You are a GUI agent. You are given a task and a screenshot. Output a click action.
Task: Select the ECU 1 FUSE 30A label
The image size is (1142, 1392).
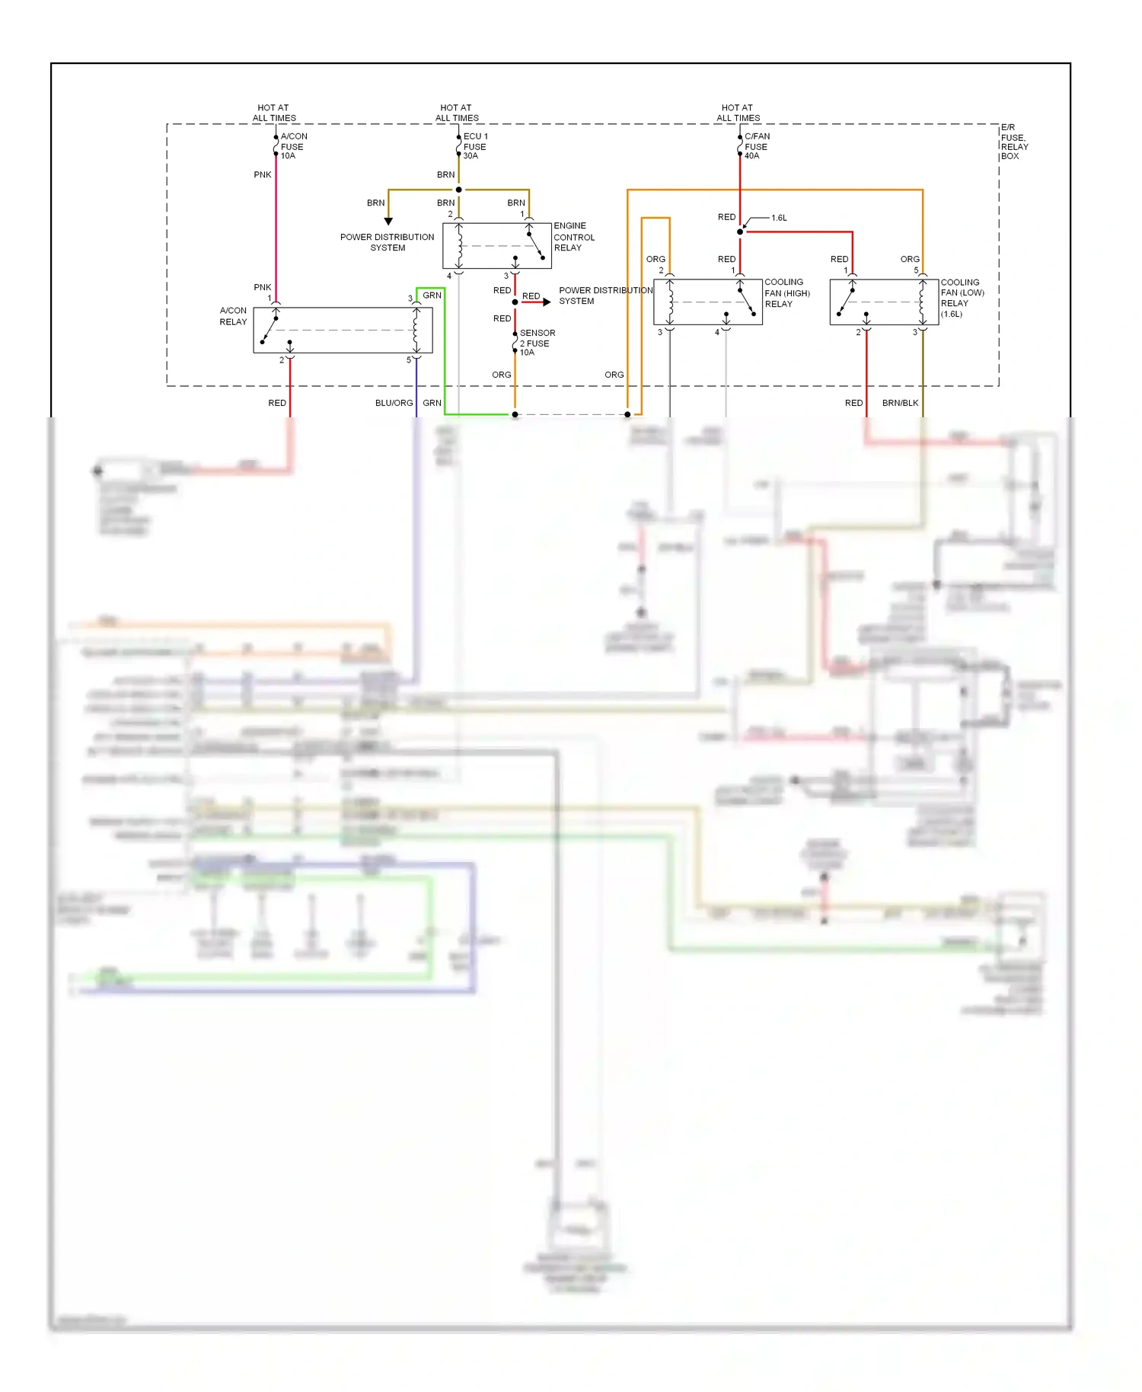point(475,146)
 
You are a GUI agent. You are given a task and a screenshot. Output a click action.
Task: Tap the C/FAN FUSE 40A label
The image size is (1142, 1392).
point(756,146)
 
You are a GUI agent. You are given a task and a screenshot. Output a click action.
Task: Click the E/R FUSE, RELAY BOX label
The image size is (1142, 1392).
point(1013,142)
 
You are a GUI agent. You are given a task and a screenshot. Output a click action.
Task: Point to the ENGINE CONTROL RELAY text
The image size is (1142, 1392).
point(573,237)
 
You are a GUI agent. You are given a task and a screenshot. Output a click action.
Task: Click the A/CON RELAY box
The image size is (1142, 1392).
point(343,330)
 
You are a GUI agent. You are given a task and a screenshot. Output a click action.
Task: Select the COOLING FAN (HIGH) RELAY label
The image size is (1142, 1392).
point(786,293)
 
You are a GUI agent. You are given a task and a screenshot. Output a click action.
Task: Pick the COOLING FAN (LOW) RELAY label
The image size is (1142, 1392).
point(962,298)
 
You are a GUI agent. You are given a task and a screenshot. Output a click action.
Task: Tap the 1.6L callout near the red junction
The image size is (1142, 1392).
point(779,218)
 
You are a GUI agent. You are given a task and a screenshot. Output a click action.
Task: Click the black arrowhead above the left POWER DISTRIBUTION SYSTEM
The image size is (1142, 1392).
point(388,221)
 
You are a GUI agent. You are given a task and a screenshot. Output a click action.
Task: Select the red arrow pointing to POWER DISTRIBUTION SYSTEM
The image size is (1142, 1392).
point(545,302)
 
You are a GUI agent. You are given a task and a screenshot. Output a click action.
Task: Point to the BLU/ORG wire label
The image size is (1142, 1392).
point(394,403)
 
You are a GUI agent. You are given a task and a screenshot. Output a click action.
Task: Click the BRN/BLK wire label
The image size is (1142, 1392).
point(900,403)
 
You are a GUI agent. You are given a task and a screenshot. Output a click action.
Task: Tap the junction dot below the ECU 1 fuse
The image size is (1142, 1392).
point(458,190)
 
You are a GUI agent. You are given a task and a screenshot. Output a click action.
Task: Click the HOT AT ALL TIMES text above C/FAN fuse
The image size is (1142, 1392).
point(738,113)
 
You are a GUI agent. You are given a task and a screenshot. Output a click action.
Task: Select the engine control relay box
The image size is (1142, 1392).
point(496,245)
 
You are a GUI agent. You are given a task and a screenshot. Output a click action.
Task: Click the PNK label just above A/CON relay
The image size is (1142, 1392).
point(262,287)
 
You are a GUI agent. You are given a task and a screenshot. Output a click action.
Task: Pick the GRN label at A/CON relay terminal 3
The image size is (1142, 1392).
point(432,295)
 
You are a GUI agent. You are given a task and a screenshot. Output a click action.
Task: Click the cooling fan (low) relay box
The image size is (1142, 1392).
point(883,302)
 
